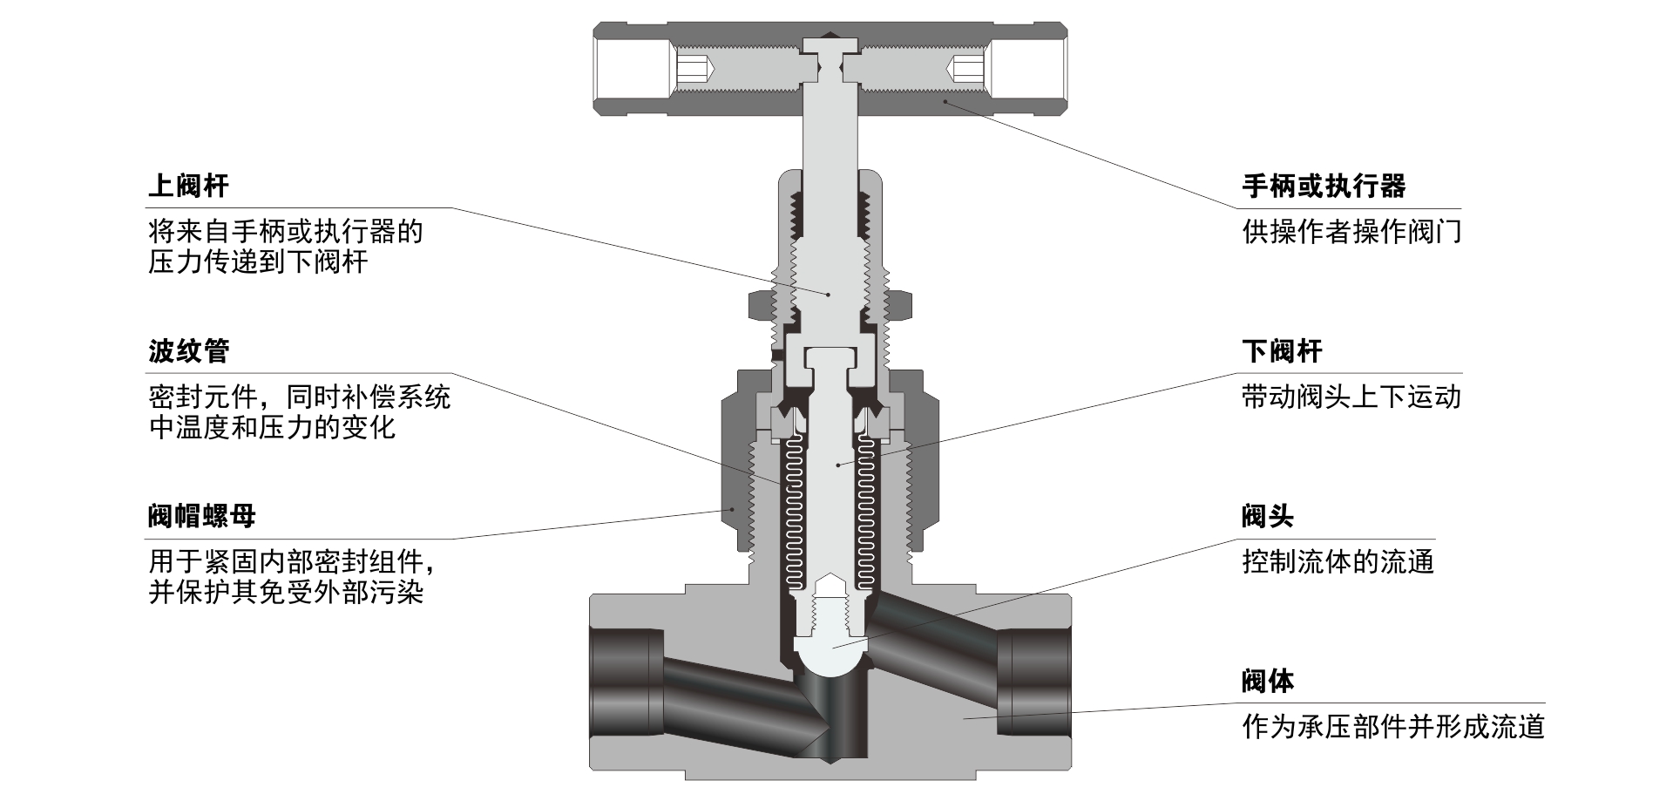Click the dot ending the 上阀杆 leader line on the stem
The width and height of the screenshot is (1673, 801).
[829, 295]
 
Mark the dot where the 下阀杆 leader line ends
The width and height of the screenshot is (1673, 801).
[838, 465]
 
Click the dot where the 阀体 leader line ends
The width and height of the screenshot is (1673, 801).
[964, 718]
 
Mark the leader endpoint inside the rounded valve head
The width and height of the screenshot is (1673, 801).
[833, 647]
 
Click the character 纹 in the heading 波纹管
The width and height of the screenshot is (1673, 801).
[188, 351]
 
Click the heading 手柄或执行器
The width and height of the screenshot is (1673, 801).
[1324, 186]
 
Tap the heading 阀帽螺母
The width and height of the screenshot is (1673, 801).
[202, 516]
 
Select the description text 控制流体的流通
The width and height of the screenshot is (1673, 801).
[1338, 562]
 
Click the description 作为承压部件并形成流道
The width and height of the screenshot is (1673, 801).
[1392, 727]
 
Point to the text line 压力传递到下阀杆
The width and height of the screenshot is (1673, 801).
[258, 261]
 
